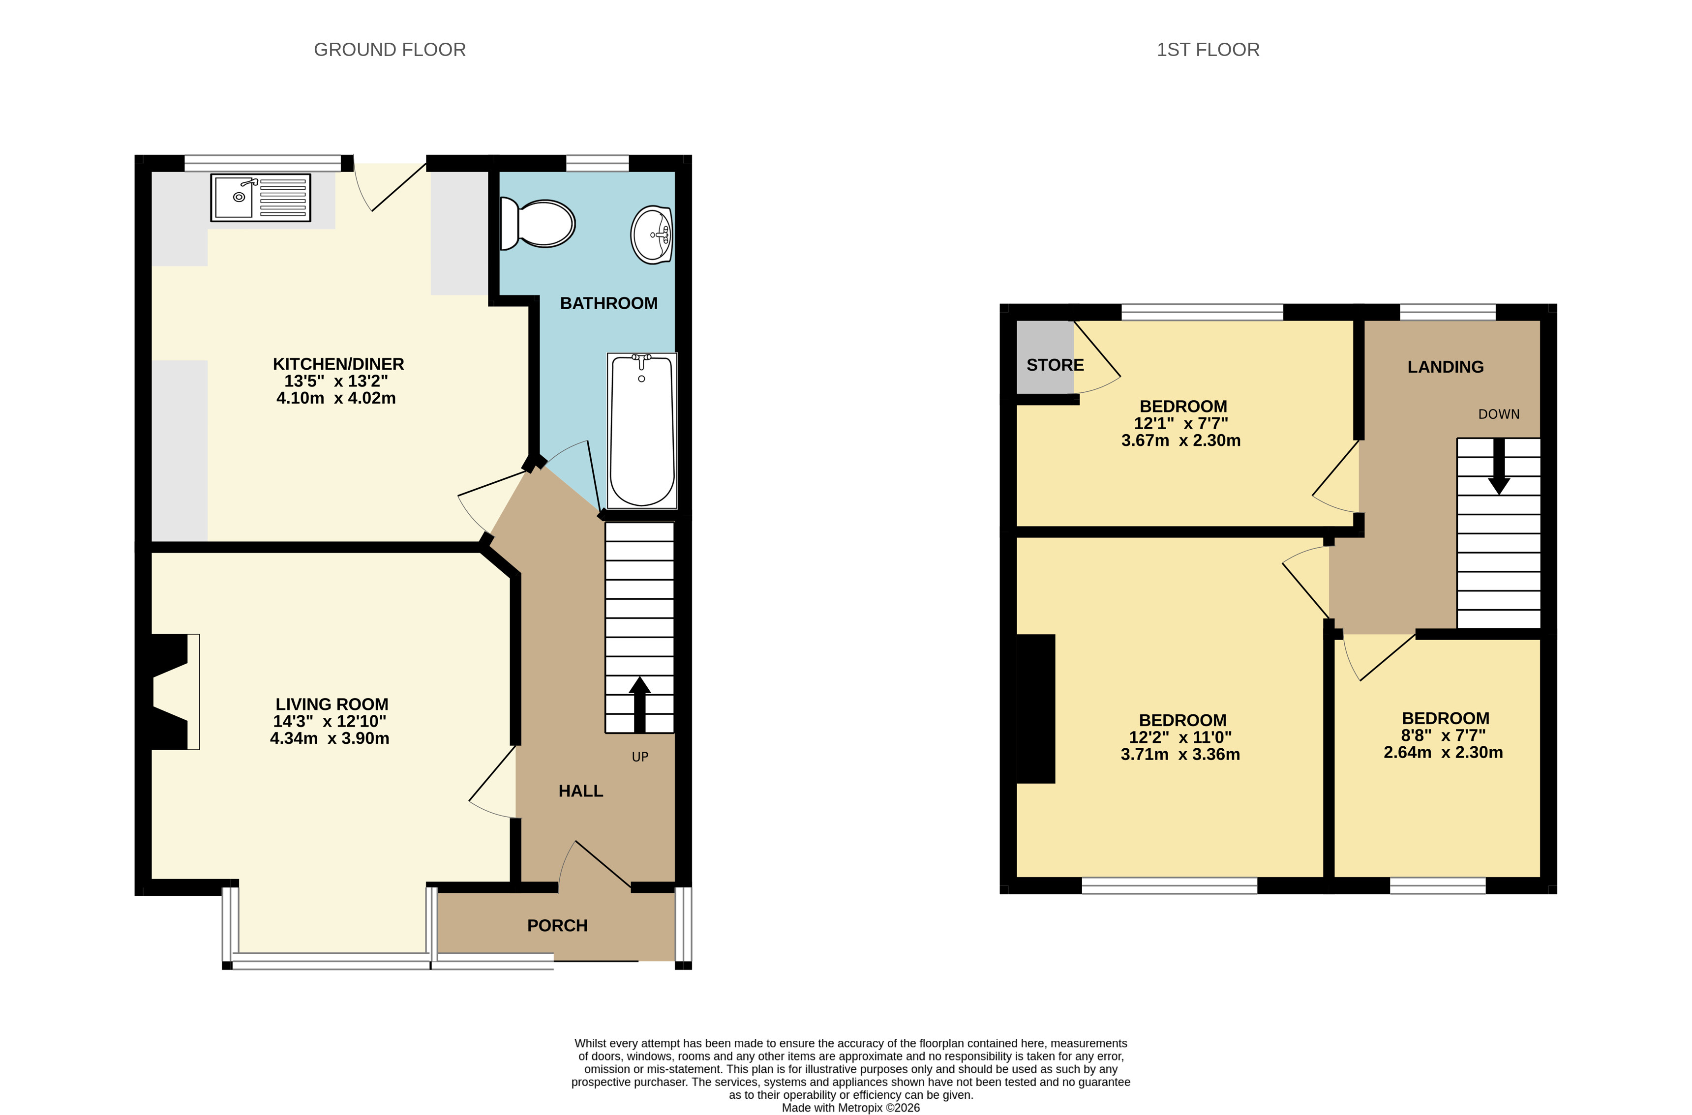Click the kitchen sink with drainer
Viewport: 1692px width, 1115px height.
coord(260,197)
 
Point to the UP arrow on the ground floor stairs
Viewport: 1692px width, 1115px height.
coord(639,704)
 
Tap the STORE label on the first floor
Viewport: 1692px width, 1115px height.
coord(1055,365)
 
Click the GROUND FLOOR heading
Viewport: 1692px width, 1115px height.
coord(390,50)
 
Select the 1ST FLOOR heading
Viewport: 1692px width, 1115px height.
coord(1208,50)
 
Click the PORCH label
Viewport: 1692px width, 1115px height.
coord(557,925)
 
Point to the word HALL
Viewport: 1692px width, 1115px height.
coord(580,791)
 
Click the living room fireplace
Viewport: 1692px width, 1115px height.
coord(171,691)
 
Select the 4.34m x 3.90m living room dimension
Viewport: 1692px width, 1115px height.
coord(329,738)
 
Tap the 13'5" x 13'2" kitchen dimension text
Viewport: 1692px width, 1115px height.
coord(336,381)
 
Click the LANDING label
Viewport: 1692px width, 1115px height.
coord(1445,367)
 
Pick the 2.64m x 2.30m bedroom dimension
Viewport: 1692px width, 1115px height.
coord(1443,752)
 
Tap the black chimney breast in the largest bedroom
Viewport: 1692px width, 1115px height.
coord(1035,709)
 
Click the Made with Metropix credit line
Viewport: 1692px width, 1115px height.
coord(850,1107)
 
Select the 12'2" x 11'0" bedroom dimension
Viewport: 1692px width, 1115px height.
coord(1180,737)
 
